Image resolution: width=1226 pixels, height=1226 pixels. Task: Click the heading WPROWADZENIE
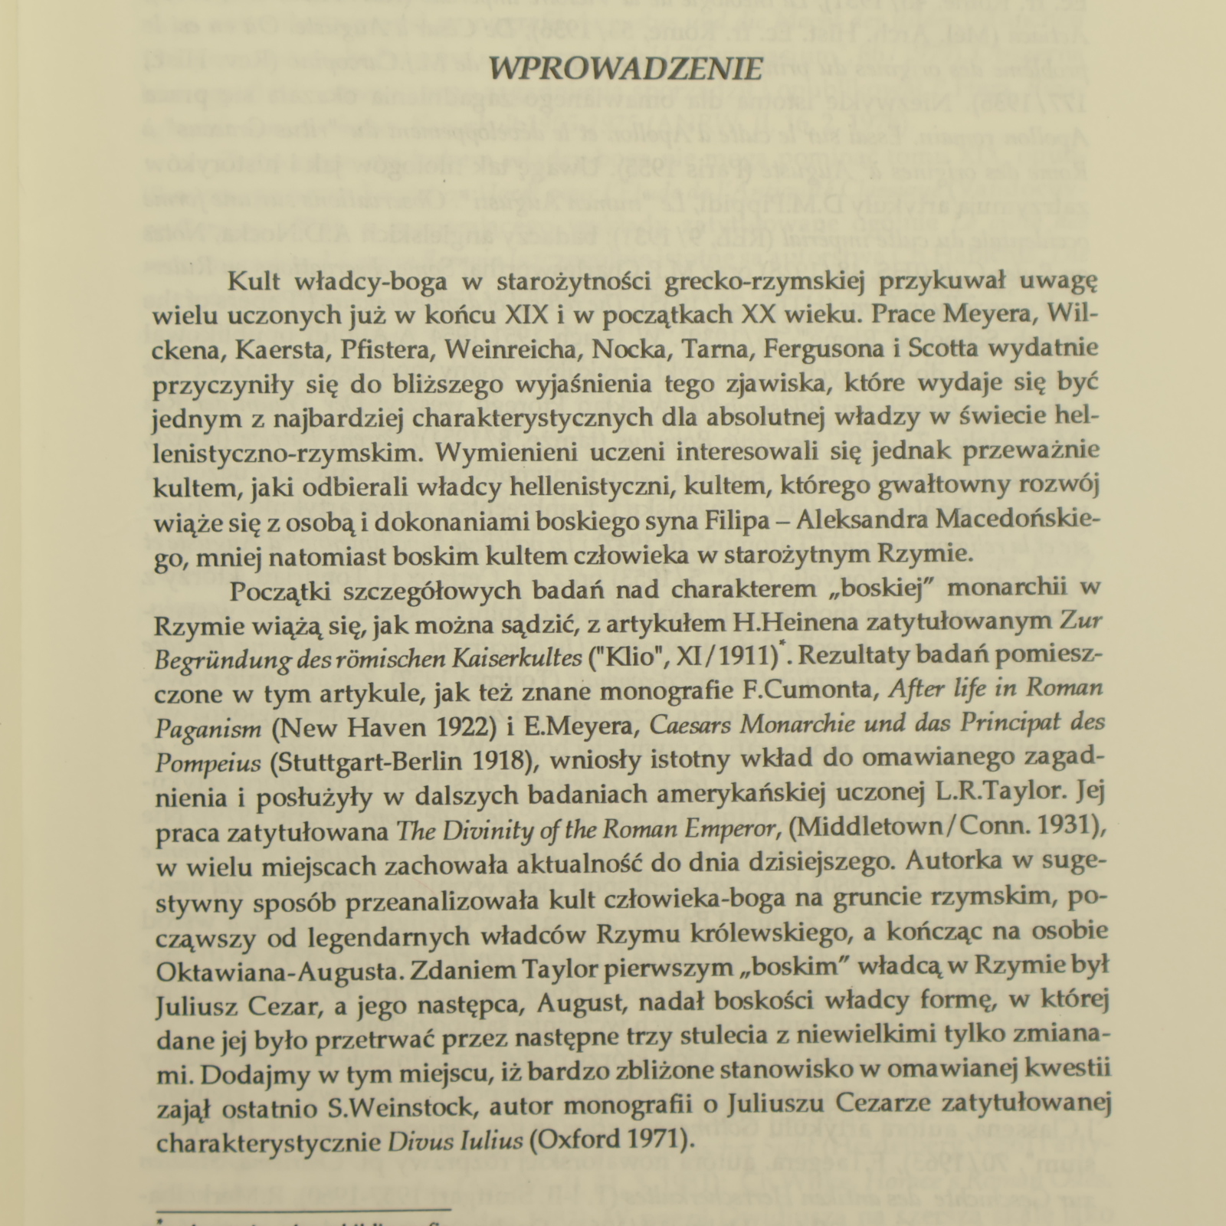[x=625, y=70]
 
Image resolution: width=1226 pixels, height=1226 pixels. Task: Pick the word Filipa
[x=755, y=520]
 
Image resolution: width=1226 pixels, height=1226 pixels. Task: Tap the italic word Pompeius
[x=208, y=762]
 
